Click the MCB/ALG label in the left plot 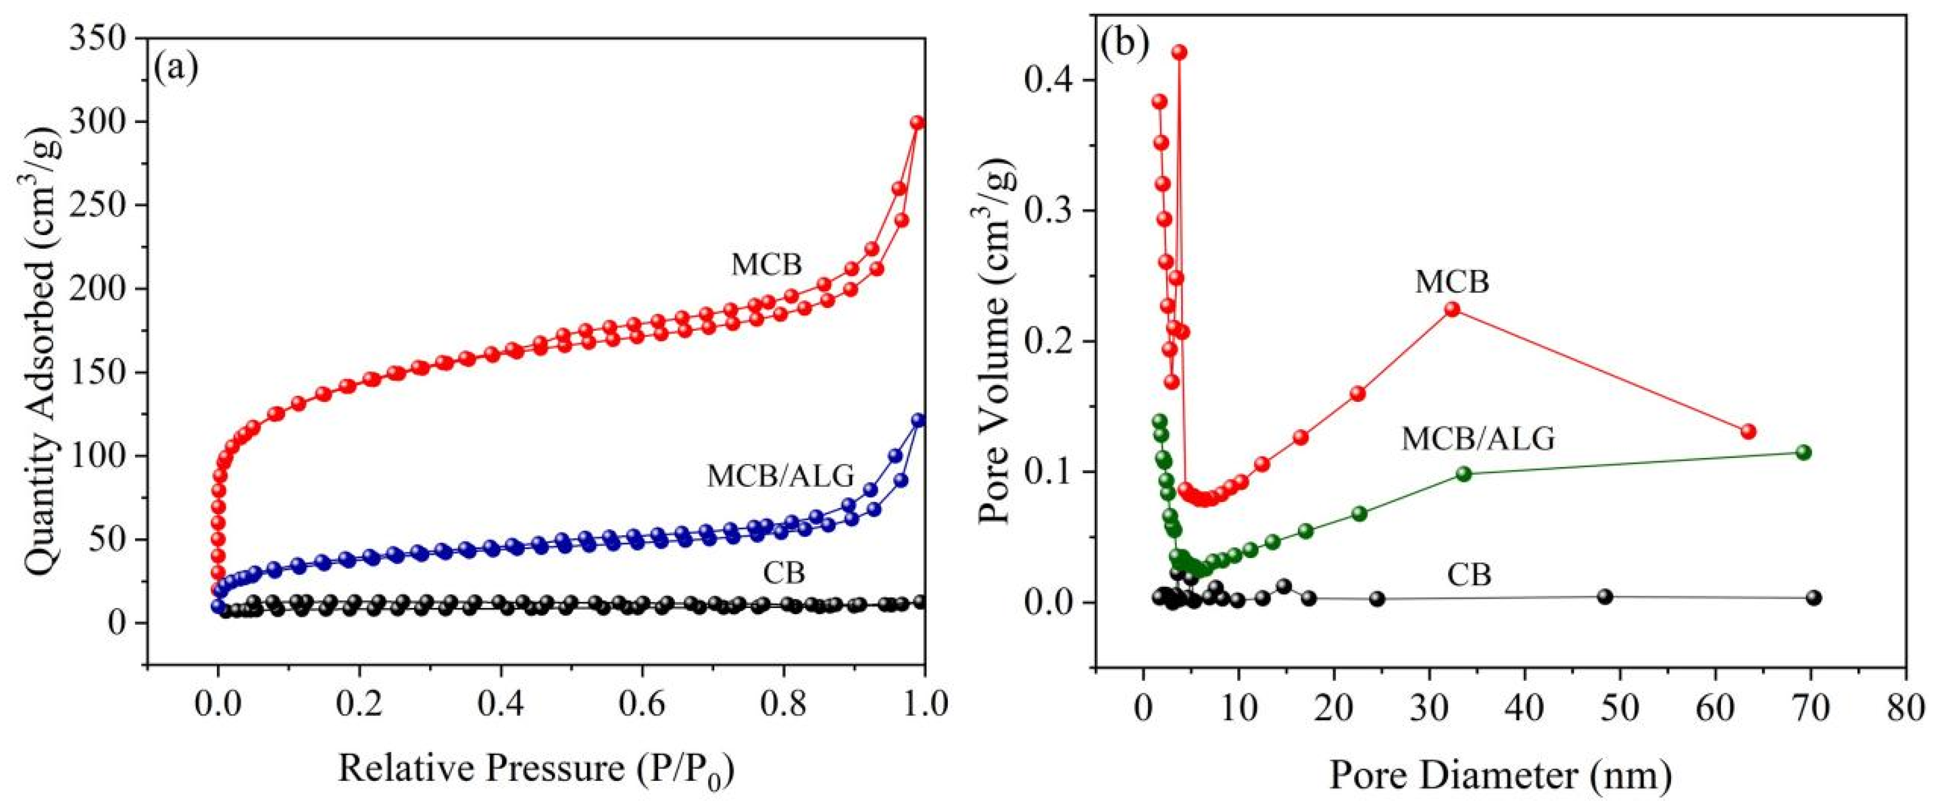pos(781,476)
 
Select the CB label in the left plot pos(784,574)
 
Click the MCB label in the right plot pos(1452,282)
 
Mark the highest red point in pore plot pos(1180,52)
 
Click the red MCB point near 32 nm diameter pos(1452,310)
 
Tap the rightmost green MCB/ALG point pos(1803,452)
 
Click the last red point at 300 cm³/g pos(917,122)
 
